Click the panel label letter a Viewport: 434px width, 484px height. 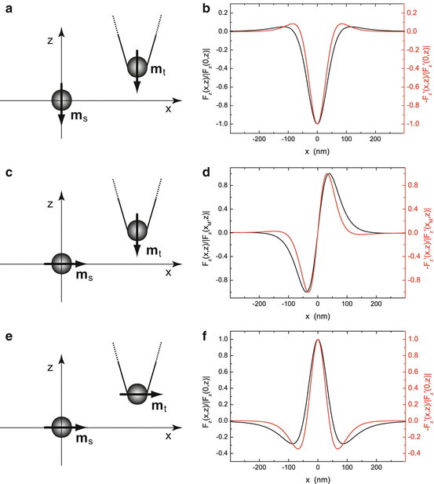point(7,9)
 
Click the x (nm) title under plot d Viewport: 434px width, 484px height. point(317,317)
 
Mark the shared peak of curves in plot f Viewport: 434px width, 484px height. point(317,340)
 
